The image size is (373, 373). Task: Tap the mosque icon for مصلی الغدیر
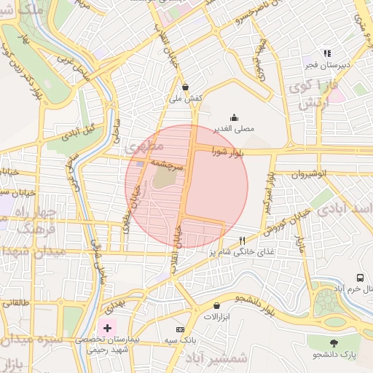point(233,117)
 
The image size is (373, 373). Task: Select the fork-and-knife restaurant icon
point(242,240)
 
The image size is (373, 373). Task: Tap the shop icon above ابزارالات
point(216,305)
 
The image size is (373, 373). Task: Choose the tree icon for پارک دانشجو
point(334,342)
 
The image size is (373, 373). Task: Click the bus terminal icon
point(360,278)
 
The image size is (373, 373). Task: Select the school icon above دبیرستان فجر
point(327,53)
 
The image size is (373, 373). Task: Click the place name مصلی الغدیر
point(233,128)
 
